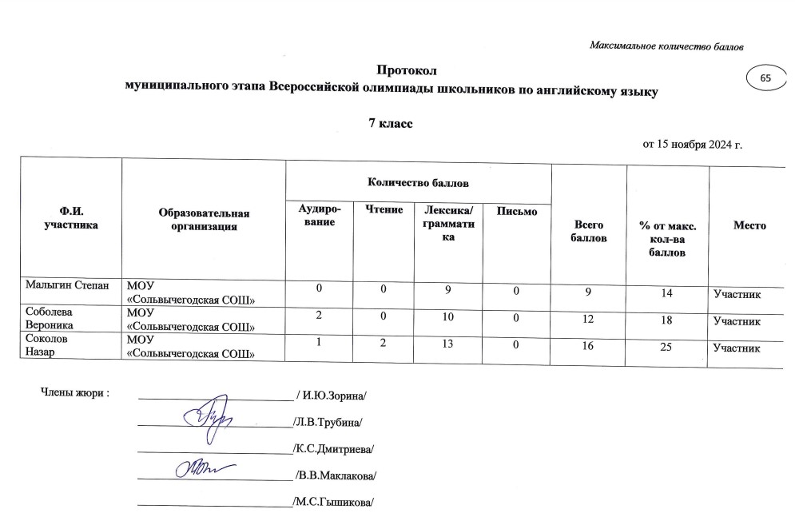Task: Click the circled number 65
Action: [765, 78]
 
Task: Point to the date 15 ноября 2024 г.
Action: [699, 145]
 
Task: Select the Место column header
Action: [749, 226]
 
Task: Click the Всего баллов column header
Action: [589, 233]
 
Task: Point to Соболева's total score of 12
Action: [587, 320]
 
